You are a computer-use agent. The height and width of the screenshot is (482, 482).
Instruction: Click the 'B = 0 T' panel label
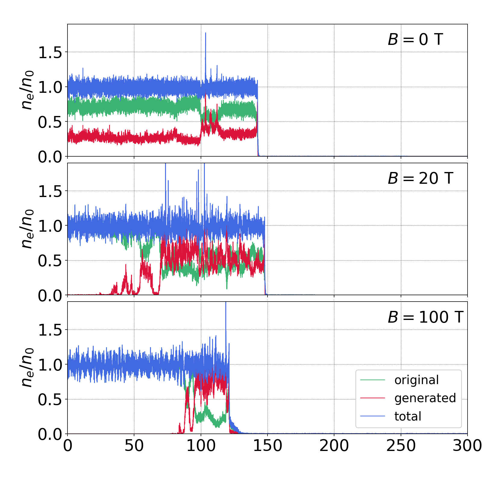[415, 39]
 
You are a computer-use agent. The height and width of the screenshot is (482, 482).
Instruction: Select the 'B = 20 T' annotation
[420, 178]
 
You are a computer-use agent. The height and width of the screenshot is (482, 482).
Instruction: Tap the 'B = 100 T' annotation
[425, 317]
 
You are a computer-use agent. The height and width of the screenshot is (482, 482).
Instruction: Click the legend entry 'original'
[417, 380]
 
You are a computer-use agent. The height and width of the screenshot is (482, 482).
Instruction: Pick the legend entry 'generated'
[425, 398]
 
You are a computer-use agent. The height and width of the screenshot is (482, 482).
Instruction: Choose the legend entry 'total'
[408, 416]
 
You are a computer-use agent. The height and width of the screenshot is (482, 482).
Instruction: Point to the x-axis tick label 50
[134, 446]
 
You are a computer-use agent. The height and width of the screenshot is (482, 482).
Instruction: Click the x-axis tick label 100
[201, 446]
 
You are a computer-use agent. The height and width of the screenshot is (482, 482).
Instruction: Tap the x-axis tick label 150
[268, 446]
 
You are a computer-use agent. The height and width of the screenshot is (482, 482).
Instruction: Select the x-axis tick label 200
[334, 446]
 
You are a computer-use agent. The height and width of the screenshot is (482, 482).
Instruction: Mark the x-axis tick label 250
[401, 446]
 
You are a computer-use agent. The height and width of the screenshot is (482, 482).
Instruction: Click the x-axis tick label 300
[467, 446]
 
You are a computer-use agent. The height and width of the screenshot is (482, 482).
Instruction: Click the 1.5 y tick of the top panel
[50, 52]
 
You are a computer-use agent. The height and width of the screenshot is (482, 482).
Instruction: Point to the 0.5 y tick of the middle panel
[50, 261]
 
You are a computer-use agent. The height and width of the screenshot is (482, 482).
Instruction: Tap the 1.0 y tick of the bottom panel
[50, 365]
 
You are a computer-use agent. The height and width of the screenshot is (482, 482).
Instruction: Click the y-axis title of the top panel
[27, 90]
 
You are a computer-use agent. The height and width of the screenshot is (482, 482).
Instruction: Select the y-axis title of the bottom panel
[27, 368]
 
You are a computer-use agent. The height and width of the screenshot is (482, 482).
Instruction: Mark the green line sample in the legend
[373, 380]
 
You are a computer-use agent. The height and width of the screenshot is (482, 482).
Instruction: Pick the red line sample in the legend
[373, 398]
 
